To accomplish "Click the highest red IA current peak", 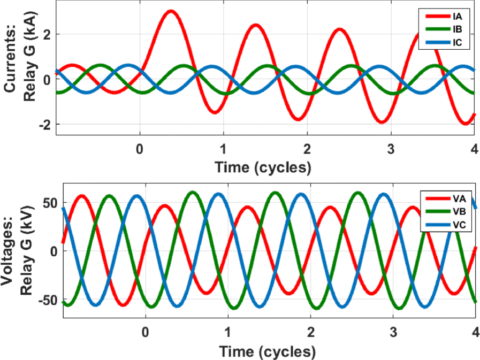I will (x=171, y=11).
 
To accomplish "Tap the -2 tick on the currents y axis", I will (x=47, y=125).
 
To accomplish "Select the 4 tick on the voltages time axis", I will (x=475, y=332).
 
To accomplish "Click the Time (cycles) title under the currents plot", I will (x=263, y=167).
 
